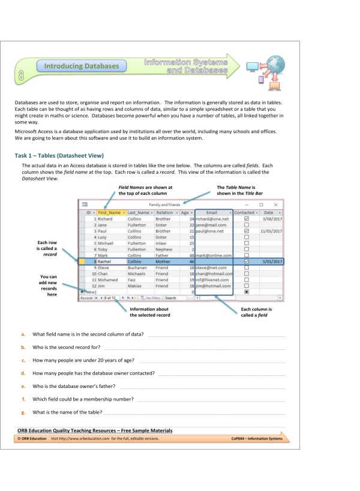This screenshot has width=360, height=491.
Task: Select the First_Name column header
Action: point(111,212)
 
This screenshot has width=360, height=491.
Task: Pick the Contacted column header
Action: point(245,212)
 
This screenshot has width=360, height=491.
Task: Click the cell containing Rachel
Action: point(109,262)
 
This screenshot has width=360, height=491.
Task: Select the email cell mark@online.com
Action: point(214,255)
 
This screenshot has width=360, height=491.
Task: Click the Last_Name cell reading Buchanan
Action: point(139,267)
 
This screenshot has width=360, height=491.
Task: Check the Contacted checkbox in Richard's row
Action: point(246,219)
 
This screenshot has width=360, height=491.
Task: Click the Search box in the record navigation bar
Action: point(178,297)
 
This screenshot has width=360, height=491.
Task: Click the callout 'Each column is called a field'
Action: point(256,312)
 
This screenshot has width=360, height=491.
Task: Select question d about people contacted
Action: point(94,373)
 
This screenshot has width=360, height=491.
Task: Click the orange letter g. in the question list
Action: point(23,412)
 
